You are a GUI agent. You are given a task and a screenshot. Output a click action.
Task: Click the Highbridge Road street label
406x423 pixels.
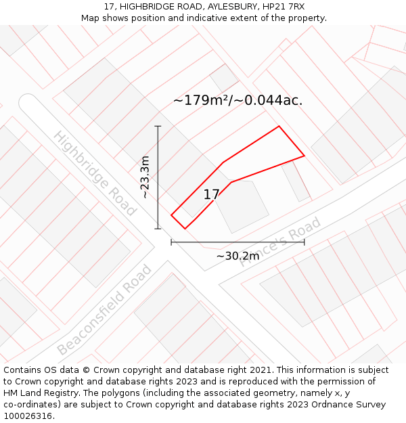(95, 173)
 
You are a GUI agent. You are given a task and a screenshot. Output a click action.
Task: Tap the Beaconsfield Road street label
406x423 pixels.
(105, 311)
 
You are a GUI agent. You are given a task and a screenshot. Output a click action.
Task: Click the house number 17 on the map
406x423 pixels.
(212, 195)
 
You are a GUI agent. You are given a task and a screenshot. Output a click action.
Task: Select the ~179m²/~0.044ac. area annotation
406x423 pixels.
(238, 101)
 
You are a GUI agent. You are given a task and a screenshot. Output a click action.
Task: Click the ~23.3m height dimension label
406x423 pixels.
(145, 177)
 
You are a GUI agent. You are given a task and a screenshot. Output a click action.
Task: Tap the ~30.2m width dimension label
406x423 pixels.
(238, 256)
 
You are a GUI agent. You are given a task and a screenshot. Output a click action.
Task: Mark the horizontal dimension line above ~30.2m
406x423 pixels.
(238, 242)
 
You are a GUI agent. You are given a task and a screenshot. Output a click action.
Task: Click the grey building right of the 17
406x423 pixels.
(242, 206)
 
